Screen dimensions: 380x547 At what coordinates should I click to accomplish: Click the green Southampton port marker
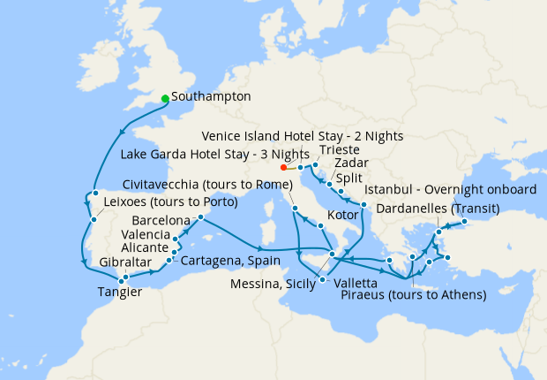(165, 98)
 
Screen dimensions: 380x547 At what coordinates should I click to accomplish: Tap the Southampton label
(212, 96)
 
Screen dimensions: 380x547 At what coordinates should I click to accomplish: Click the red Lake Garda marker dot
(283, 167)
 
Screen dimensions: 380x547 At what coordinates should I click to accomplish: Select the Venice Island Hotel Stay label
(303, 136)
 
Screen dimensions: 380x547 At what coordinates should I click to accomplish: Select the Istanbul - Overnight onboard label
(450, 190)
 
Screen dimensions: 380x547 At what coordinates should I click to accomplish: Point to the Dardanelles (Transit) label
(438, 209)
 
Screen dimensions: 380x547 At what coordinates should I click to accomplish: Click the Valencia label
(147, 235)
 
